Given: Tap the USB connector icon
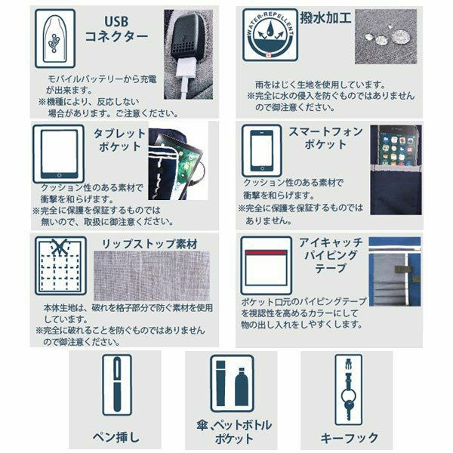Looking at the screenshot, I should (x=55, y=39).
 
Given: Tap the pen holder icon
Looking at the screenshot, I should (x=117, y=384).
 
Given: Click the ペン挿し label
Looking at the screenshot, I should (x=117, y=437).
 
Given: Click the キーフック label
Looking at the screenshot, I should (x=350, y=437).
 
